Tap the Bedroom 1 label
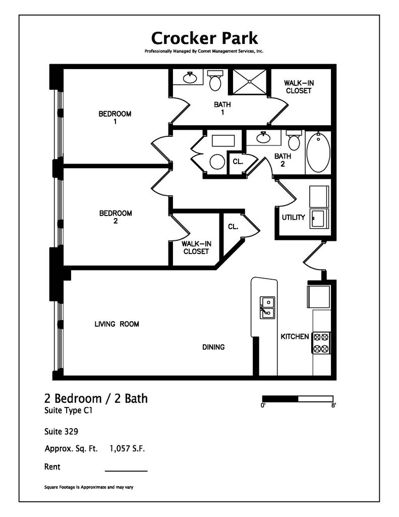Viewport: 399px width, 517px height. pyautogui.click(x=115, y=117)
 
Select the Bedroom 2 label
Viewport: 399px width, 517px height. pyautogui.click(x=115, y=217)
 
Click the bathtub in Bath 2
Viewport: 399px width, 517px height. pyautogui.click(x=318, y=152)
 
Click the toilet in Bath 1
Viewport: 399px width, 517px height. pyautogui.click(x=215, y=80)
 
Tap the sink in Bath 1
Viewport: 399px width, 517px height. pyautogui.click(x=189, y=78)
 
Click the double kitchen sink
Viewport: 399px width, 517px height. pyautogui.click(x=267, y=308)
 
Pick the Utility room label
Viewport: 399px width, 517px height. pyautogui.click(x=293, y=218)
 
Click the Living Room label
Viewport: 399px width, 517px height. pyautogui.click(x=117, y=324)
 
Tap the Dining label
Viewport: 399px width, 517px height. pyautogui.click(x=213, y=347)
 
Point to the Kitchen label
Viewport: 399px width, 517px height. pyautogui.click(x=295, y=336)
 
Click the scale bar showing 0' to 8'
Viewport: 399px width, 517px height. pyautogui.click(x=298, y=398)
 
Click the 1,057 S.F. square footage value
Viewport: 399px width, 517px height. pyautogui.click(x=127, y=448)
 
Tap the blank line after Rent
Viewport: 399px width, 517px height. pyautogui.click(x=126, y=470)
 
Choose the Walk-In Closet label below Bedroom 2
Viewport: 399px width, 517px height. pyautogui.click(x=196, y=247)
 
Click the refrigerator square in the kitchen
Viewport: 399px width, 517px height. pyautogui.click(x=319, y=296)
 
